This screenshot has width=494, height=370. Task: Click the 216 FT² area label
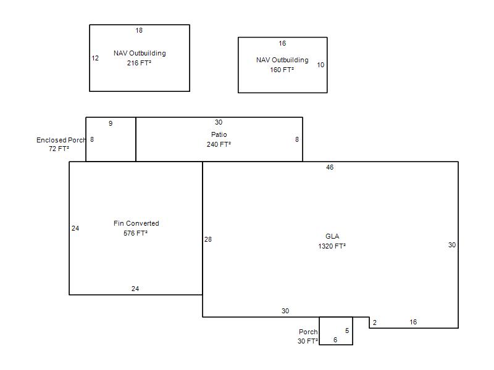139,63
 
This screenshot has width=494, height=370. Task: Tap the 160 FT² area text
282,70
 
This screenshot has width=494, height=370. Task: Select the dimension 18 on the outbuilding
139,30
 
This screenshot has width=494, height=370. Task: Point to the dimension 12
95,58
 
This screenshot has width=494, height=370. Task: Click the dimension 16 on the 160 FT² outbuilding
282,43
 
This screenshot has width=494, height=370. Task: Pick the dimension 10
320,65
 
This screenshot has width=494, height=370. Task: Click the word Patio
219,134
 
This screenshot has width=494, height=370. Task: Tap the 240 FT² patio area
219,144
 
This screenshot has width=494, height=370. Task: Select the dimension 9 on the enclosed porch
111,123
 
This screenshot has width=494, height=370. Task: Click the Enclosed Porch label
61,140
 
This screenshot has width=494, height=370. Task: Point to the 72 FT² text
59,149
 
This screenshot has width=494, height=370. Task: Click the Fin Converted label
136,223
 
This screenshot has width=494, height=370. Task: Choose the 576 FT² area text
135,233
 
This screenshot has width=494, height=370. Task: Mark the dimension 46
330,167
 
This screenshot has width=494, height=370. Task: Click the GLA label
332,236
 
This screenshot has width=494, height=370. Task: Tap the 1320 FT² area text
332,246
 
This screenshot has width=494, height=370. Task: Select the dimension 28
208,239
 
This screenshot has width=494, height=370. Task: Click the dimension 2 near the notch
375,323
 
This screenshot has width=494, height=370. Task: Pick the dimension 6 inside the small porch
335,340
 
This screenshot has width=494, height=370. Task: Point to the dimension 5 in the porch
347,331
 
